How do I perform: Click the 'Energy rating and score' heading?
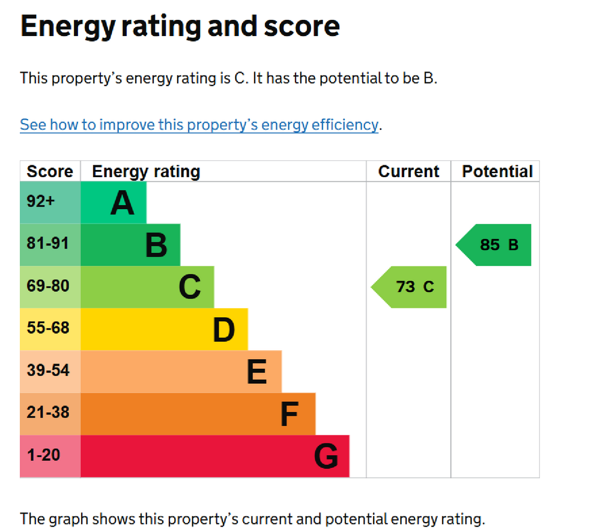180,27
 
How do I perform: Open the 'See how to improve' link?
199,125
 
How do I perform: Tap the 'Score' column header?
50,172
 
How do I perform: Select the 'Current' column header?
408,172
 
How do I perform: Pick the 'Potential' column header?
497,172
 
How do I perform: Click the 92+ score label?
41,202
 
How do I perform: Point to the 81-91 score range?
48,244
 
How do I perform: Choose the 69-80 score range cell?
48,287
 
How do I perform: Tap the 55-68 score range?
48,329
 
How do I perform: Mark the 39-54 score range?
48,371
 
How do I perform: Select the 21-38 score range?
48,413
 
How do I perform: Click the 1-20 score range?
44,455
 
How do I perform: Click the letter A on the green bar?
123,203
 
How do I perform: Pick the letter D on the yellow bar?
223,330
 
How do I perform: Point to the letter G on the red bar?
326,457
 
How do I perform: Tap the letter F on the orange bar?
289,414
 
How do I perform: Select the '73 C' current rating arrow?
411,287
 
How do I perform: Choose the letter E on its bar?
257,372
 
